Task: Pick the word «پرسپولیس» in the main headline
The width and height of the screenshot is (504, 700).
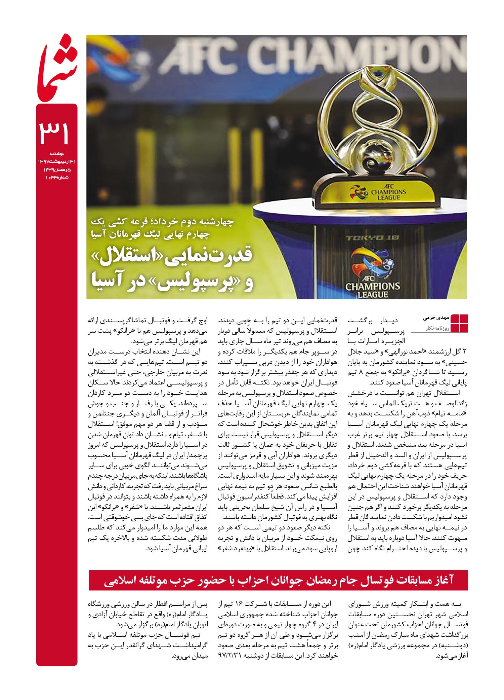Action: tap(188, 283)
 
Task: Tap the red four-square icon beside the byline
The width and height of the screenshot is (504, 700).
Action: tap(459, 323)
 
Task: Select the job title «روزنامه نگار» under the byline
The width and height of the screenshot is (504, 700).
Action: tap(433, 327)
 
